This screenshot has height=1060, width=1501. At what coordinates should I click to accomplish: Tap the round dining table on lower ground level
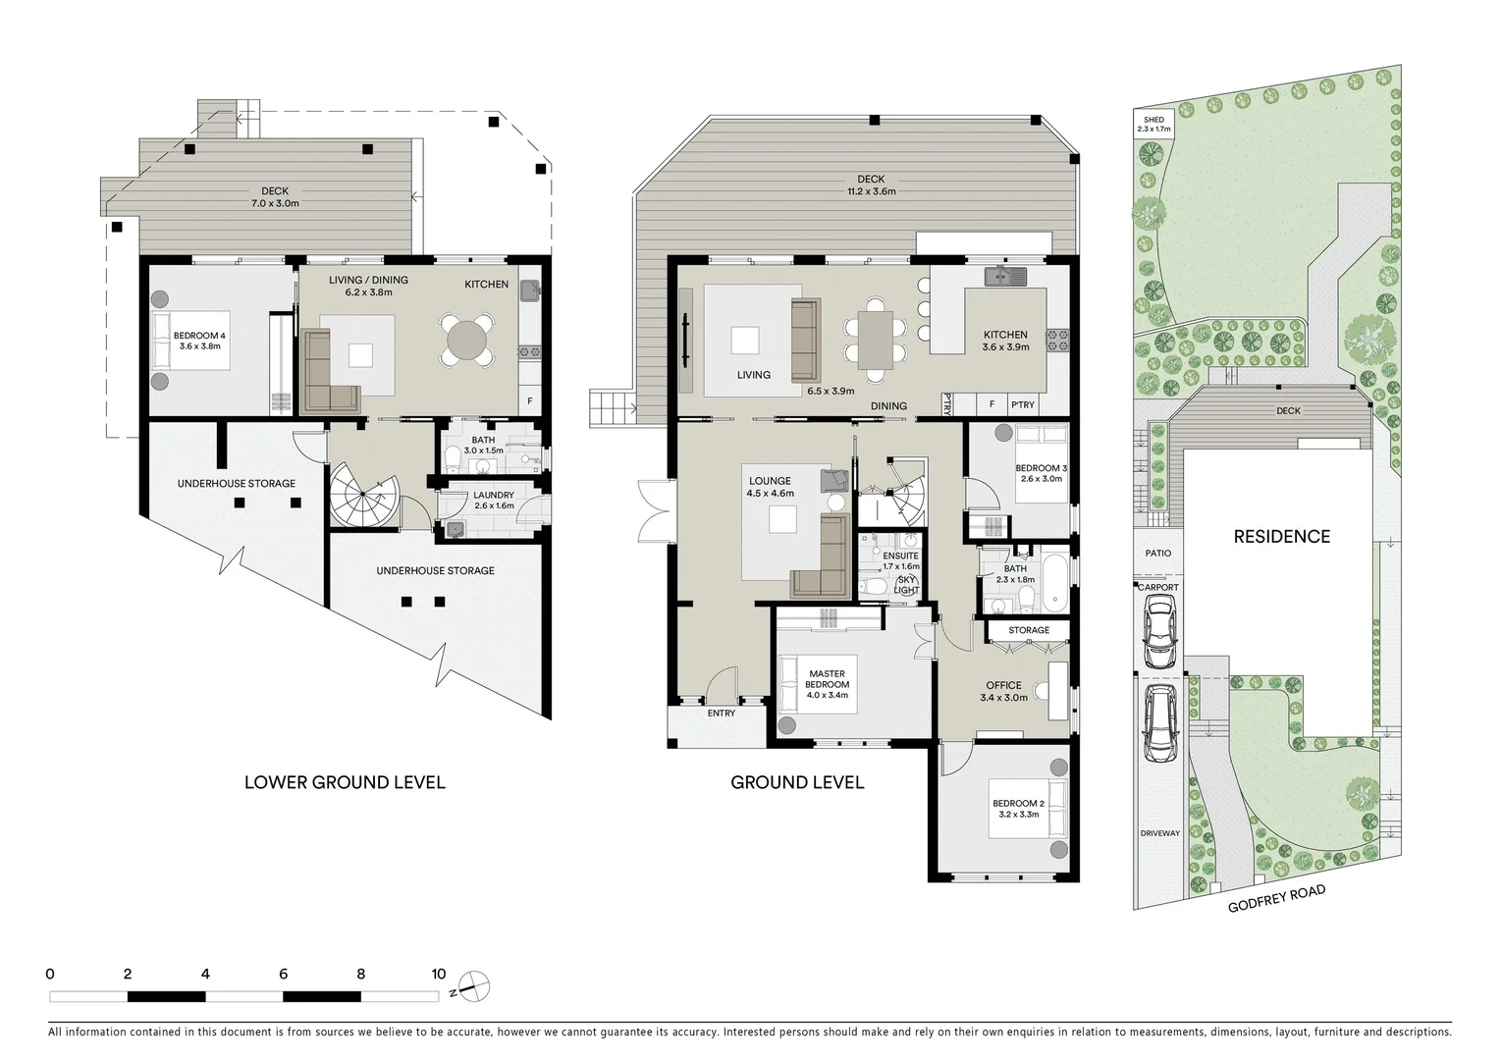(466, 340)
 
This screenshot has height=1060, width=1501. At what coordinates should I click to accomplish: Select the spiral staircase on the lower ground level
(359, 498)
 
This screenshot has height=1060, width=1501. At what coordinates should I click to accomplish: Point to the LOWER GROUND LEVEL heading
(345, 782)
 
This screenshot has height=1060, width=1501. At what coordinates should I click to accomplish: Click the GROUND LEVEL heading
(797, 782)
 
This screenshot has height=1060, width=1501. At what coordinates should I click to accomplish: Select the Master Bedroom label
(827, 679)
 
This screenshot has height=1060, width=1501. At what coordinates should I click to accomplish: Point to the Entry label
(721, 713)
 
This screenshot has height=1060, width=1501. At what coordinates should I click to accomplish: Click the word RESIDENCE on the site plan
(1281, 536)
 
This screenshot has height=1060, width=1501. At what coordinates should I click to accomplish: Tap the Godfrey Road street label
(1276, 898)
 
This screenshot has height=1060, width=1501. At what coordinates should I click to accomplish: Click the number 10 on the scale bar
(438, 975)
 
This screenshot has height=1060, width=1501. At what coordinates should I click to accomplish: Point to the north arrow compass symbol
(473, 985)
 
